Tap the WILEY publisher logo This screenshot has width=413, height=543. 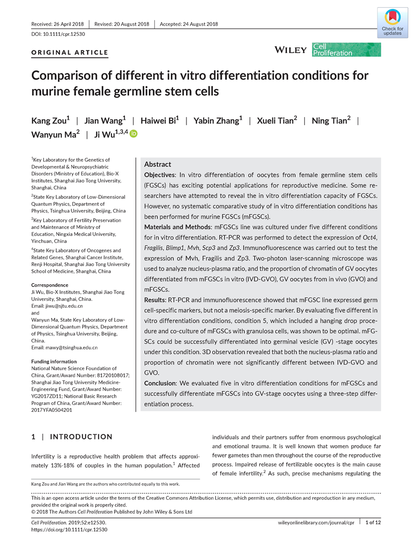[290, 49]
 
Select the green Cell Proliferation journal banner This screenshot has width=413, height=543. [346, 49]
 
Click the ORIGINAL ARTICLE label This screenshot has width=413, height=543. [70, 52]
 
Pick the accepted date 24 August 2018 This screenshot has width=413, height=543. [189, 24]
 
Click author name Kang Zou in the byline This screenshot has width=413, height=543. [50, 121]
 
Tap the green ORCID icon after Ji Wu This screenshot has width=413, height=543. [133, 134]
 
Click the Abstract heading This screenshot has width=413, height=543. [157, 164]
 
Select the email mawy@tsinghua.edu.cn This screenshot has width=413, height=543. [65, 347]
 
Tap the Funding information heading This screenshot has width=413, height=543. [54, 361]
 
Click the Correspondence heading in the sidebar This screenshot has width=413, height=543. [49, 285]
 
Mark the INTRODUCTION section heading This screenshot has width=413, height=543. [81, 437]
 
